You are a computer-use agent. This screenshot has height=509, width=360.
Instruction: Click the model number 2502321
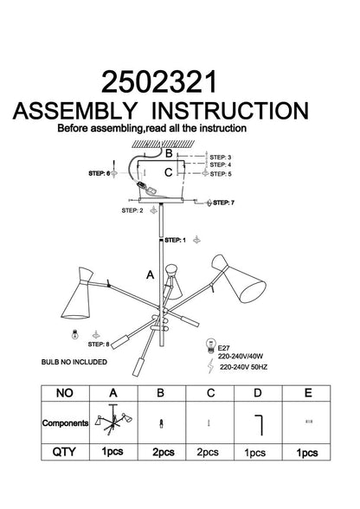pyautogui.click(x=159, y=82)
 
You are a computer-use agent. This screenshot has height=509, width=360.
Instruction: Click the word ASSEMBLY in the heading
pyautogui.click(x=75, y=111)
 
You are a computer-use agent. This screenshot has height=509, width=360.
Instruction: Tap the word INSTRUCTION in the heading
pyautogui.click(x=230, y=111)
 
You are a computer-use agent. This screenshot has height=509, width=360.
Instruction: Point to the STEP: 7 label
pyautogui.click(x=223, y=203)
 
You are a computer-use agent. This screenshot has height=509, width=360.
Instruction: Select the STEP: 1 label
pyautogui.click(x=176, y=241)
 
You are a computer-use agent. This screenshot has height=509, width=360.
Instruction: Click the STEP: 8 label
pyautogui.click(x=99, y=345)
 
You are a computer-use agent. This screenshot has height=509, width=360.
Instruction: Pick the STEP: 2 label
pyautogui.click(x=132, y=210)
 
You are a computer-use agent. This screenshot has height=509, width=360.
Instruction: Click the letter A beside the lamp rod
pyautogui.click(x=150, y=275)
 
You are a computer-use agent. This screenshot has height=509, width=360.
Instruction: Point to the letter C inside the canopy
pyautogui.click(x=168, y=173)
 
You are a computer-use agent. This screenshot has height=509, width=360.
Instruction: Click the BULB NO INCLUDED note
pyautogui.click(x=74, y=362)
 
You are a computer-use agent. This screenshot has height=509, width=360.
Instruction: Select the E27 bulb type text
pyautogui.click(x=224, y=348)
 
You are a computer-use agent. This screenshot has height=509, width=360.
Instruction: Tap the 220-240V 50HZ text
pyautogui.click(x=243, y=367)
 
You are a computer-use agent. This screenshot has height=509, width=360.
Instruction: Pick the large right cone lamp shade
pyautogui.click(x=239, y=279)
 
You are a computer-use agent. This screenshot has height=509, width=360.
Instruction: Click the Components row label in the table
pyautogui.click(x=65, y=423)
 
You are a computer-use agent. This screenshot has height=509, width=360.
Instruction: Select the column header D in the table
pyautogui.click(x=257, y=393)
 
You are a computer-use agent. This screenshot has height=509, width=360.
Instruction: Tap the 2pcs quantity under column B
pyautogui.click(x=164, y=452)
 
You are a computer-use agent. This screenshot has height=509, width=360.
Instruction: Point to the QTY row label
pyautogui.click(x=64, y=452)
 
